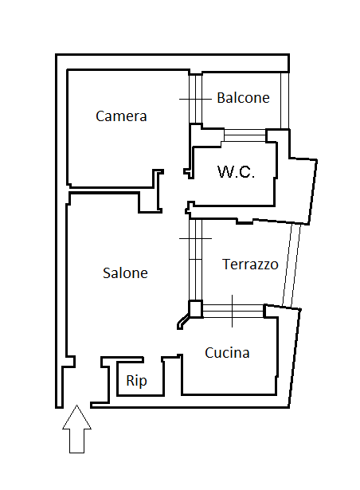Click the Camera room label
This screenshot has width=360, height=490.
coord(121,116)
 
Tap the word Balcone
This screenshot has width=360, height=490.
coord(243,98)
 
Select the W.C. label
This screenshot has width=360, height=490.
coord(236,171)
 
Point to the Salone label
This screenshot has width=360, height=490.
coord(125,273)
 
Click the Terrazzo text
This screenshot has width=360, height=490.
coord(250,265)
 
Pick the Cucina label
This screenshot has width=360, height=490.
coord(227,353)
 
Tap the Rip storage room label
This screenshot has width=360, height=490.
coord(136,382)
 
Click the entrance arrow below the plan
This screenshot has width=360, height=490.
coord(77,429)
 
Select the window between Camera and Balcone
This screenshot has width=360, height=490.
coord(196,99)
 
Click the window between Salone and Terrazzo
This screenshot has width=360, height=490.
coord(196,260)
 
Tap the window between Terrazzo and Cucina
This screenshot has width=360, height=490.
coord(233,311)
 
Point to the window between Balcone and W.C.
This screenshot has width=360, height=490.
coord(245,135)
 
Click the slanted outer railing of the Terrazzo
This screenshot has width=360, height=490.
coord(292,265)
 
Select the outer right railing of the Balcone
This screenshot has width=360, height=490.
coord(284,100)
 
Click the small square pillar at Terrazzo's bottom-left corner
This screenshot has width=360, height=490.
coord(195,308)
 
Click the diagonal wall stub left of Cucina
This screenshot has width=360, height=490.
coord(183,322)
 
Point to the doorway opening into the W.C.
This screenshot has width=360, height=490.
coord(190,190)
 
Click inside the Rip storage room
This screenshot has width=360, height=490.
coord(139,378)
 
